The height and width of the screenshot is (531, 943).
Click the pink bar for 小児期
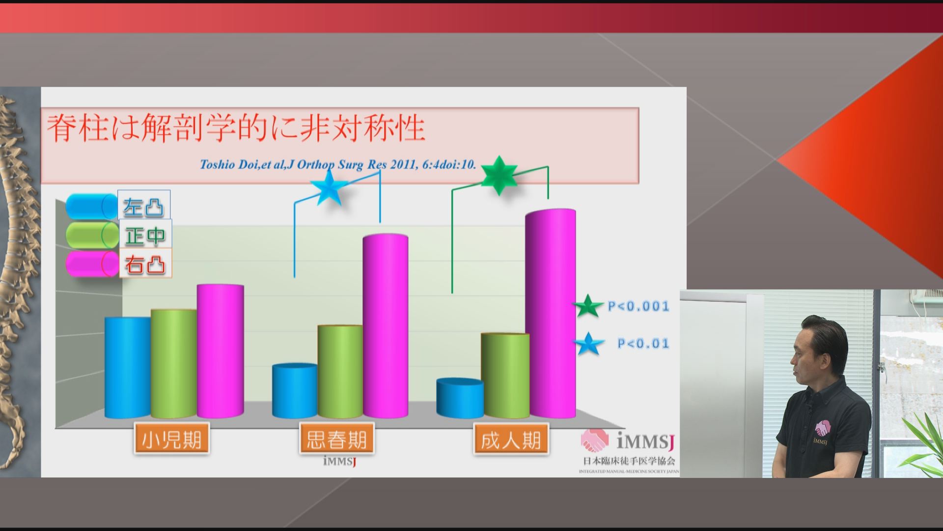[221, 351]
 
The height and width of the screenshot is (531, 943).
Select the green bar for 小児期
[174, 364]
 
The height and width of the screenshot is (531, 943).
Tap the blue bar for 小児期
[128, 367]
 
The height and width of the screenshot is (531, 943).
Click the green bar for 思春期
[340, 371]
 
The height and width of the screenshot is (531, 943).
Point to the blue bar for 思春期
[295, 391]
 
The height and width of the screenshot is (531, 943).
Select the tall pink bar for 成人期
[551, 313]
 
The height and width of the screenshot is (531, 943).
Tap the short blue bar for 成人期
[460, 398]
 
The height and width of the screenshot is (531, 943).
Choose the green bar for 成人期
[505, 376]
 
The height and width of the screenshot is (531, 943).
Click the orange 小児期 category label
[171, 439]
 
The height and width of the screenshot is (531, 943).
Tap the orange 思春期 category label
[336, 439]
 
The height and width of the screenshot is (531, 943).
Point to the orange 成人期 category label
[510, 440]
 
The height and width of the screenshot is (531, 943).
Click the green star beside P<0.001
[588, 306]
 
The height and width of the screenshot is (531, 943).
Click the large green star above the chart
[499, 175]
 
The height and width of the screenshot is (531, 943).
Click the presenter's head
[819, 352]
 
